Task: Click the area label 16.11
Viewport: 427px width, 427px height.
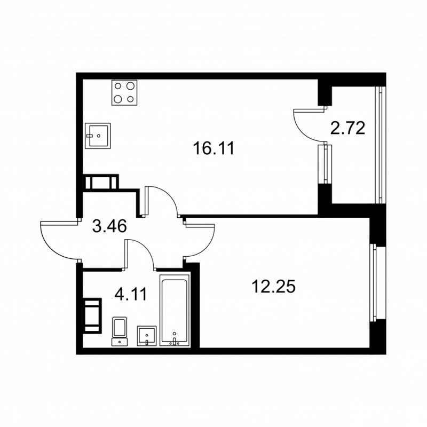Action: pyautogui.click(x=213, y=149)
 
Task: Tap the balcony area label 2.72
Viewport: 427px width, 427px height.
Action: pyautogui.click(x=347, y=128)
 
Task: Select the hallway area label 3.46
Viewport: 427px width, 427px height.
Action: pyautogui.click(x=109, y=226)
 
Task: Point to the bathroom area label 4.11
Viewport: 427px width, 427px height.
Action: pyautogui.click(x=131, y=294)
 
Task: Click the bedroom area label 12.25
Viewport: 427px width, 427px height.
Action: pyautogui.click(x=273, y=287)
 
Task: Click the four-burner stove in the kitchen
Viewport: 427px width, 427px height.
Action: pyautogui.click(x=124, y=92)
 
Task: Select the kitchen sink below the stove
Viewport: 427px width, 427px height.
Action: pyautogui.click(x=98, y=136)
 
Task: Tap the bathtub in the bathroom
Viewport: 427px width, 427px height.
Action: pyautogui.click(x=175, y=311)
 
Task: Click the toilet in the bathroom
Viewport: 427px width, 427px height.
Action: pyautogui.click(x=120, y=331)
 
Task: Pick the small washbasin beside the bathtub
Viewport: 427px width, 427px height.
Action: pyautogui.click(x=147, y=336)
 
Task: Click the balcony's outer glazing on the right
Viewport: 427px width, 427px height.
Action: pyautogui.click(x=381, y=145)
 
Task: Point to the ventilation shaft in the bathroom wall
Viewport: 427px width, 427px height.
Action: pyautogui.click(x=92, y=315)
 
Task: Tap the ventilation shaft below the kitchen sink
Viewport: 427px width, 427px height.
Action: pyautogui.click(x=101, y=182)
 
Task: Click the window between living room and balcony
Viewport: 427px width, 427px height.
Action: pyautogui.click(x=325, y=164)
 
